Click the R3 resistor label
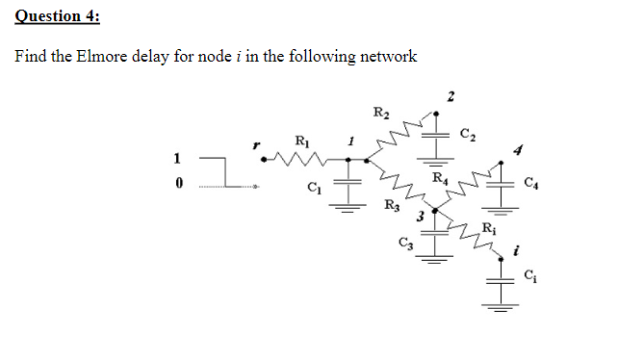(x=392, y=204)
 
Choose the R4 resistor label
(x=440, y=177)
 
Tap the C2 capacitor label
(x=468, y=132)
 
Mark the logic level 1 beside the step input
(x=176, y=158)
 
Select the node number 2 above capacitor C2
(x=451, y=93)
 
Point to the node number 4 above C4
(x=516, y=150)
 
